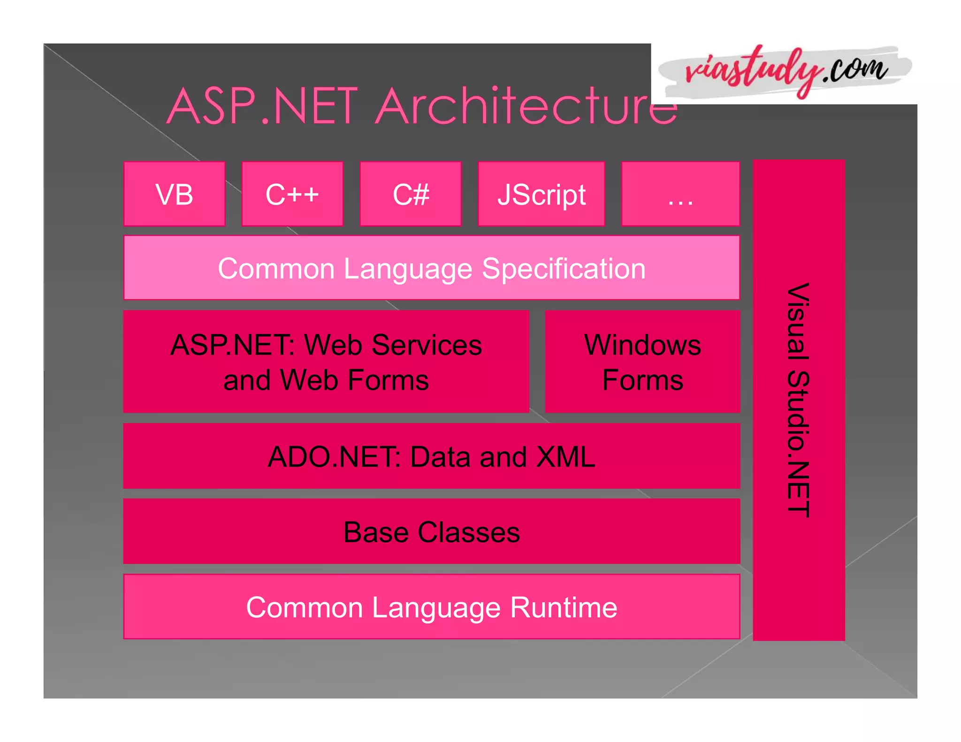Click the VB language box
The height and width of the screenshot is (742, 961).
(174, 194)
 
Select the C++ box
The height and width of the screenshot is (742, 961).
(292, 194)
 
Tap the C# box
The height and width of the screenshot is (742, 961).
(411, 194)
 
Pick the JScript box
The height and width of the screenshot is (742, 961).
(541, 194)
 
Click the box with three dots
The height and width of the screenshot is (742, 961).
(680, 194)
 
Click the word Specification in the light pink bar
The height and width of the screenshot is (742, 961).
(564, 269)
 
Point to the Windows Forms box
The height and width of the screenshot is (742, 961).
(642, 362)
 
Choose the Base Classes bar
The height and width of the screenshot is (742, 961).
(432, 532)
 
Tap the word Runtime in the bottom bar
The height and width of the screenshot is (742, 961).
(564, 607)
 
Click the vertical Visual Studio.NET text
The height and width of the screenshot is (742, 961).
(798, 400)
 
